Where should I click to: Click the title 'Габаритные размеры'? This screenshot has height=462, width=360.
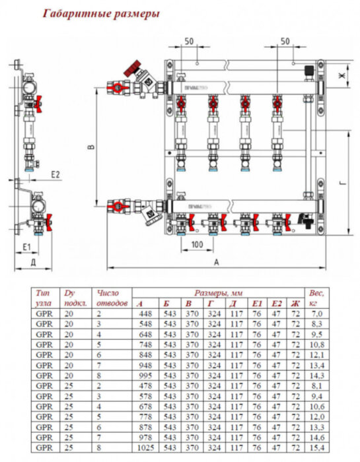[x=101, y=13]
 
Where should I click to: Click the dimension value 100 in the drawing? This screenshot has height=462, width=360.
[x=196, y=245]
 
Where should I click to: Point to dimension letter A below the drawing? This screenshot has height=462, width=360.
[x=216, y=262]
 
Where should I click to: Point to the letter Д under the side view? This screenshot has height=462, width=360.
[x=32, y=262]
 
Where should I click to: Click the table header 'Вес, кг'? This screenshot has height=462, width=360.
[x=314, y=297]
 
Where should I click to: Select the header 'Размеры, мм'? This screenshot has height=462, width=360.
[x=219, y=292]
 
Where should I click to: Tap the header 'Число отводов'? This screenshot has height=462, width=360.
[x=110, y=297]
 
